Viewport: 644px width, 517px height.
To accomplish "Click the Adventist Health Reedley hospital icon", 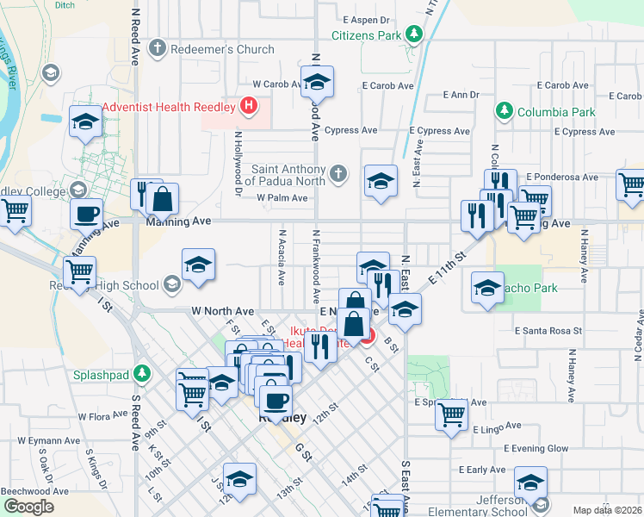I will pos(249,108).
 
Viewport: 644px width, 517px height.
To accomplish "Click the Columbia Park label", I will pos(555,112).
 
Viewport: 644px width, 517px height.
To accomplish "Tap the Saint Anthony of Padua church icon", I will pos(337,173).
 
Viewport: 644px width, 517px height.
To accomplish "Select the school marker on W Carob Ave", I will pos(318,83).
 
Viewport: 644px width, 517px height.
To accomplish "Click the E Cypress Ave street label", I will pos(440,131).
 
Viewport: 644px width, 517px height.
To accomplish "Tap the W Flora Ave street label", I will pos(102,416).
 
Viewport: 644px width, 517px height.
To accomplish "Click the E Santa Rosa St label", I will pos(548,330).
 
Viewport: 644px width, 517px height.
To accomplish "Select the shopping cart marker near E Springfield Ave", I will pos(451,415).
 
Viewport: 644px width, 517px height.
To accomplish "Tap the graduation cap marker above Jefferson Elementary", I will pos(530,482).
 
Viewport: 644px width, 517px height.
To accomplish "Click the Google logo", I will pos(28,507).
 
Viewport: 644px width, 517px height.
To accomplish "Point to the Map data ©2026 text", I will pos(607,510).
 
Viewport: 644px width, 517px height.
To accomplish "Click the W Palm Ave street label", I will pos(282,197).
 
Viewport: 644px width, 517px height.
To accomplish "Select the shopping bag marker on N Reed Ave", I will pos(161,200).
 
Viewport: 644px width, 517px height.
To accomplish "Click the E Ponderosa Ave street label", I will pos(561,177).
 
